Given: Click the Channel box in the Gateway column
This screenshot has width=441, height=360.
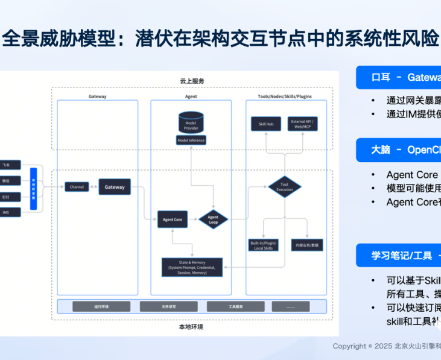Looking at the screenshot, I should point(77,187).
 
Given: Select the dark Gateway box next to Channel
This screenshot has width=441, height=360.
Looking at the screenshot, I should point(115,187).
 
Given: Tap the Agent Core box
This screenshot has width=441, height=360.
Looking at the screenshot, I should point(173,219).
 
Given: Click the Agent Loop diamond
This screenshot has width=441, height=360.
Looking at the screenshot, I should point(213,219).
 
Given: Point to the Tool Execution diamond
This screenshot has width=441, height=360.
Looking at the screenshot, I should point(285,187).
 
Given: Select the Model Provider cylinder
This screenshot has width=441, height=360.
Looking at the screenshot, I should point(191,122).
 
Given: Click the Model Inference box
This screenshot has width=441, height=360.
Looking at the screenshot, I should point(191,141).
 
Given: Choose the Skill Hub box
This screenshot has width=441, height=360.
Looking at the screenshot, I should point(266,124).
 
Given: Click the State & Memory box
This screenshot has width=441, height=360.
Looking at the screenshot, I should point(192,267).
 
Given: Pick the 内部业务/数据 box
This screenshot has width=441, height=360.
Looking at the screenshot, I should point(307,245).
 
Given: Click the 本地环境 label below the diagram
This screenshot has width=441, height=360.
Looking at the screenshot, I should point(191,327).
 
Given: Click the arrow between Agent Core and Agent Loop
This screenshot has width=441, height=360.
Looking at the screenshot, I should point(194,219).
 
